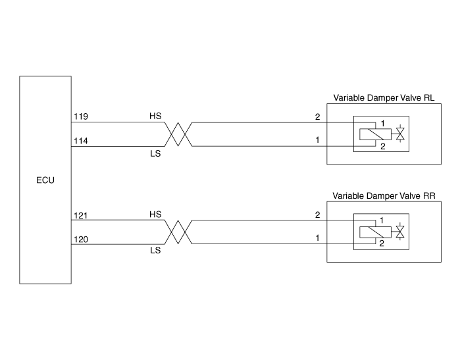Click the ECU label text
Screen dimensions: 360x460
45,179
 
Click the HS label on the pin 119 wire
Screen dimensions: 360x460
155,116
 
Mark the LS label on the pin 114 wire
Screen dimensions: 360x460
155,153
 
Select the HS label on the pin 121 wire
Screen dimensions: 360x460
155,215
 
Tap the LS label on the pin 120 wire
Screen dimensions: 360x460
155,251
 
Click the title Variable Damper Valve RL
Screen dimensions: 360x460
384,98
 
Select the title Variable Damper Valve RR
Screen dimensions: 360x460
384,195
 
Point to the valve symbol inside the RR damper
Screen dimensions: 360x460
399,232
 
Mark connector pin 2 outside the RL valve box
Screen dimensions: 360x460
317,117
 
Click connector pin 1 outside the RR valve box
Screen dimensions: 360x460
317,238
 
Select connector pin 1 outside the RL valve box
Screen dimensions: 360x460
317,140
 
